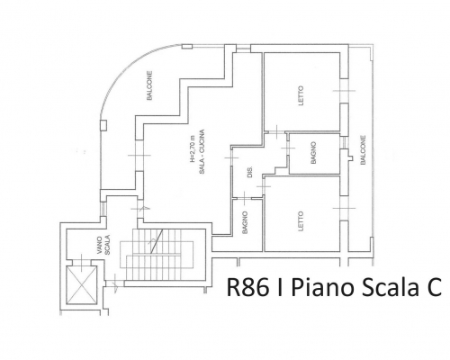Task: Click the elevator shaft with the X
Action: [81, 285]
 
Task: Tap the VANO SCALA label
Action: [104, 244]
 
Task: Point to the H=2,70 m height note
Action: [193, 149]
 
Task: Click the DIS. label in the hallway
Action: [250, 172]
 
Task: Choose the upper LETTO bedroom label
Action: [301, 95]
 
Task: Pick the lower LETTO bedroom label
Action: [301, 221]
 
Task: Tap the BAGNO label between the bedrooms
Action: [314, 153]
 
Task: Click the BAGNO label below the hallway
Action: [245, 222]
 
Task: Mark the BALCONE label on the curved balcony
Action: [149, 85]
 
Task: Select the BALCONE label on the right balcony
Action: [363, 150]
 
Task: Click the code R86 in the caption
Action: [247, 287]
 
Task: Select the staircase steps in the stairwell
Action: [156, 255]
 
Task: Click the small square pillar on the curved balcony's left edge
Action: [103, 125]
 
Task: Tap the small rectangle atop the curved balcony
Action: [187, 47]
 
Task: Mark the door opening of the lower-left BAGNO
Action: [244, 198]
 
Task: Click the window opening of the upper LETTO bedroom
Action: [345, 91]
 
